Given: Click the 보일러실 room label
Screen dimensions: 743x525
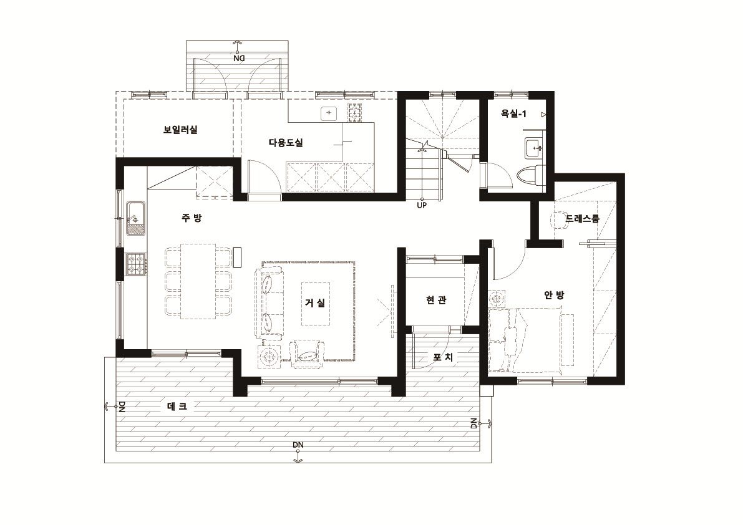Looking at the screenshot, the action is point(180,129).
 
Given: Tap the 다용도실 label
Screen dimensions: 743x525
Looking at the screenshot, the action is point(286,142).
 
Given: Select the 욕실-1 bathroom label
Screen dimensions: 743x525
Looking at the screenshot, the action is point(513,113).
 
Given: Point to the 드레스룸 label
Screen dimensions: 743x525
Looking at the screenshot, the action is point(582,218).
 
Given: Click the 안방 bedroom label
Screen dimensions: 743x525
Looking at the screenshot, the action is point(554,295).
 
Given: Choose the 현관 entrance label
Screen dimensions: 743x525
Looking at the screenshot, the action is point(435,300).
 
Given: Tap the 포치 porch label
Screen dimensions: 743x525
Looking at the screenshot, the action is point(443,357).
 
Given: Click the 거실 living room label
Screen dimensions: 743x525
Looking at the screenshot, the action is point(315,302).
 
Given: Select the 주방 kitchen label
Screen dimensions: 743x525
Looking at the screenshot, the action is point(192,217).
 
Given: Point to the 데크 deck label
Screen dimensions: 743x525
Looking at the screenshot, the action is point(177,406).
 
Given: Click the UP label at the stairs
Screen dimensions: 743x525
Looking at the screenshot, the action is point(422,205).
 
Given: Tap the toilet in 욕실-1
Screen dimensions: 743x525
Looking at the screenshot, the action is point(529,176).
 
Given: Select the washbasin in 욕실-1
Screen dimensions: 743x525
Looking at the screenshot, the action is point(535,148).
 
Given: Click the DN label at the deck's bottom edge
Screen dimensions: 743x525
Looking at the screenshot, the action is point(298,445).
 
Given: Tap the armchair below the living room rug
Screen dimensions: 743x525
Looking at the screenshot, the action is point(307,354).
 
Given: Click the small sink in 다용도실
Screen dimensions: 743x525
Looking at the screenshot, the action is point(328,113).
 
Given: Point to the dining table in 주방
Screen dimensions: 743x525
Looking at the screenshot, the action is point(198,281).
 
